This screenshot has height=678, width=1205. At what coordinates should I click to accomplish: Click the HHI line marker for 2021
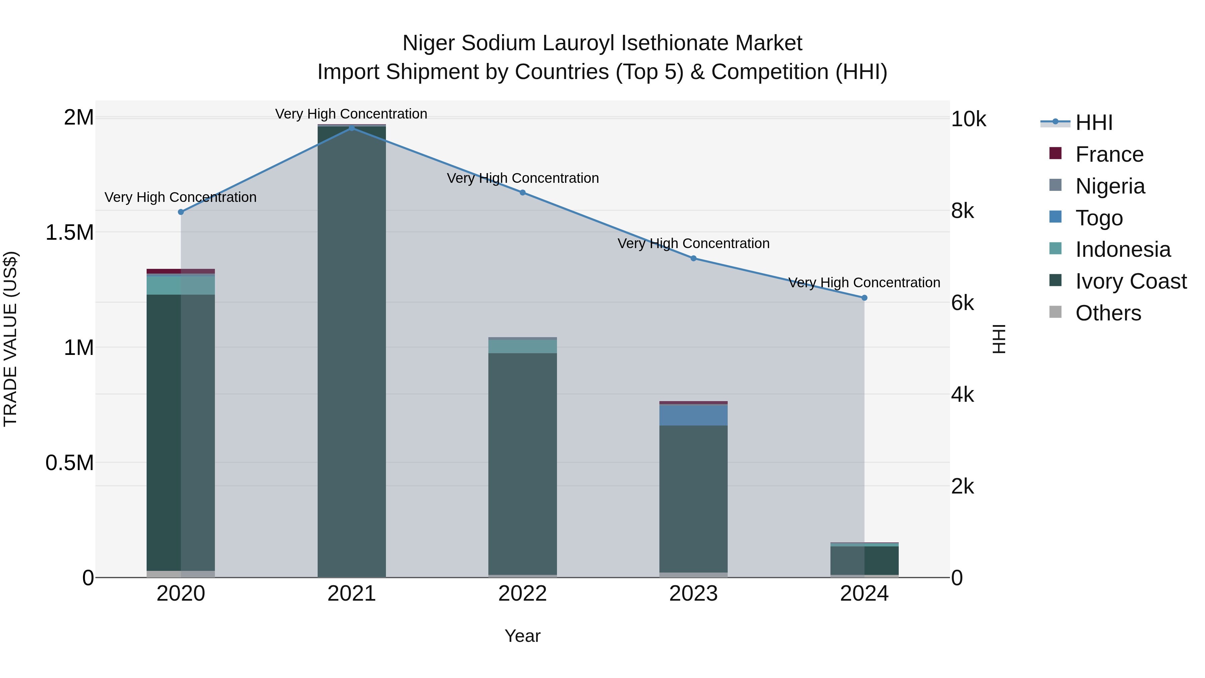pyautogui.click(x=351, y=128)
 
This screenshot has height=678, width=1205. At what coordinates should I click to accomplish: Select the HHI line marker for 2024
pyautogui.click(x=864, y=298)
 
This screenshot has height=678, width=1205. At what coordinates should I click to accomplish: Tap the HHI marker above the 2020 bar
pyautogui.click(x=181, y=212)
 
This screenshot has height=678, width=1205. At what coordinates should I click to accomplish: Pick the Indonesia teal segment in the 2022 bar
pyautogui.click(x=523, y=346)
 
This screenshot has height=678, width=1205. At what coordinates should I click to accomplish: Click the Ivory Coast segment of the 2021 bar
pyautogui.click(x=351, y=351)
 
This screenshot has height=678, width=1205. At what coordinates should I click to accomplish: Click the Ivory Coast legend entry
pyautogui.click(x=1131, y=281)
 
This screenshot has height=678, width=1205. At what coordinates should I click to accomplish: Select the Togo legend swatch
pyautogui.click(x=1055, y=217)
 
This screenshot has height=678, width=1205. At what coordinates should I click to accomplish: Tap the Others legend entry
pyautogui.click(x=1108, y=313)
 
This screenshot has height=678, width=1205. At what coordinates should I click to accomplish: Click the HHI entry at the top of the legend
pyautogui.click(x=1094, y=123)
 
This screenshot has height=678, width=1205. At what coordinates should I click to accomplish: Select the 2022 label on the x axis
pyautogui.click(x=523, y=594)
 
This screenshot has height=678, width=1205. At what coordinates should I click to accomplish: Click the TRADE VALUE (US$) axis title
pyautogui.click(x=10, y=339)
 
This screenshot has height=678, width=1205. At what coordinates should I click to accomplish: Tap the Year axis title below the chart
pyautogui.click(x=523, y=636)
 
